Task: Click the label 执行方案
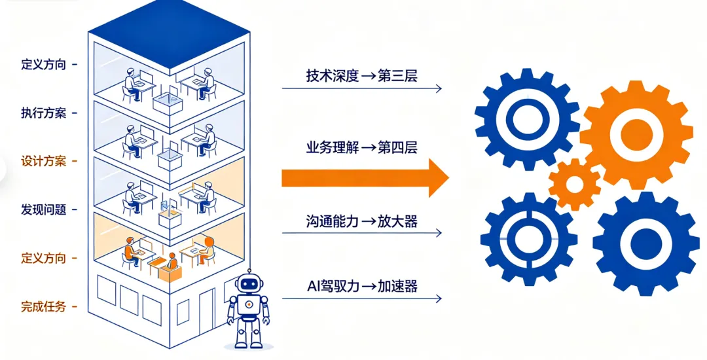pyautogui.click(x=44, y=113)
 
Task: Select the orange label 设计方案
pyautogui.click(x=44, y=161)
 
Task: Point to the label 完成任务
pyautogui.click(x=44, y=306)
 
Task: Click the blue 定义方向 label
pyautogui.click(x=44, y=65)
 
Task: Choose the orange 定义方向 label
pyautogui.click(x=44, y=258)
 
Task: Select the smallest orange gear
pyautogui.click(x=574, y=185)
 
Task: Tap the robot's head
pyautogui.click(x=248, y=283)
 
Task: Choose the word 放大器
pyautogui.click(x=397, y=221)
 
